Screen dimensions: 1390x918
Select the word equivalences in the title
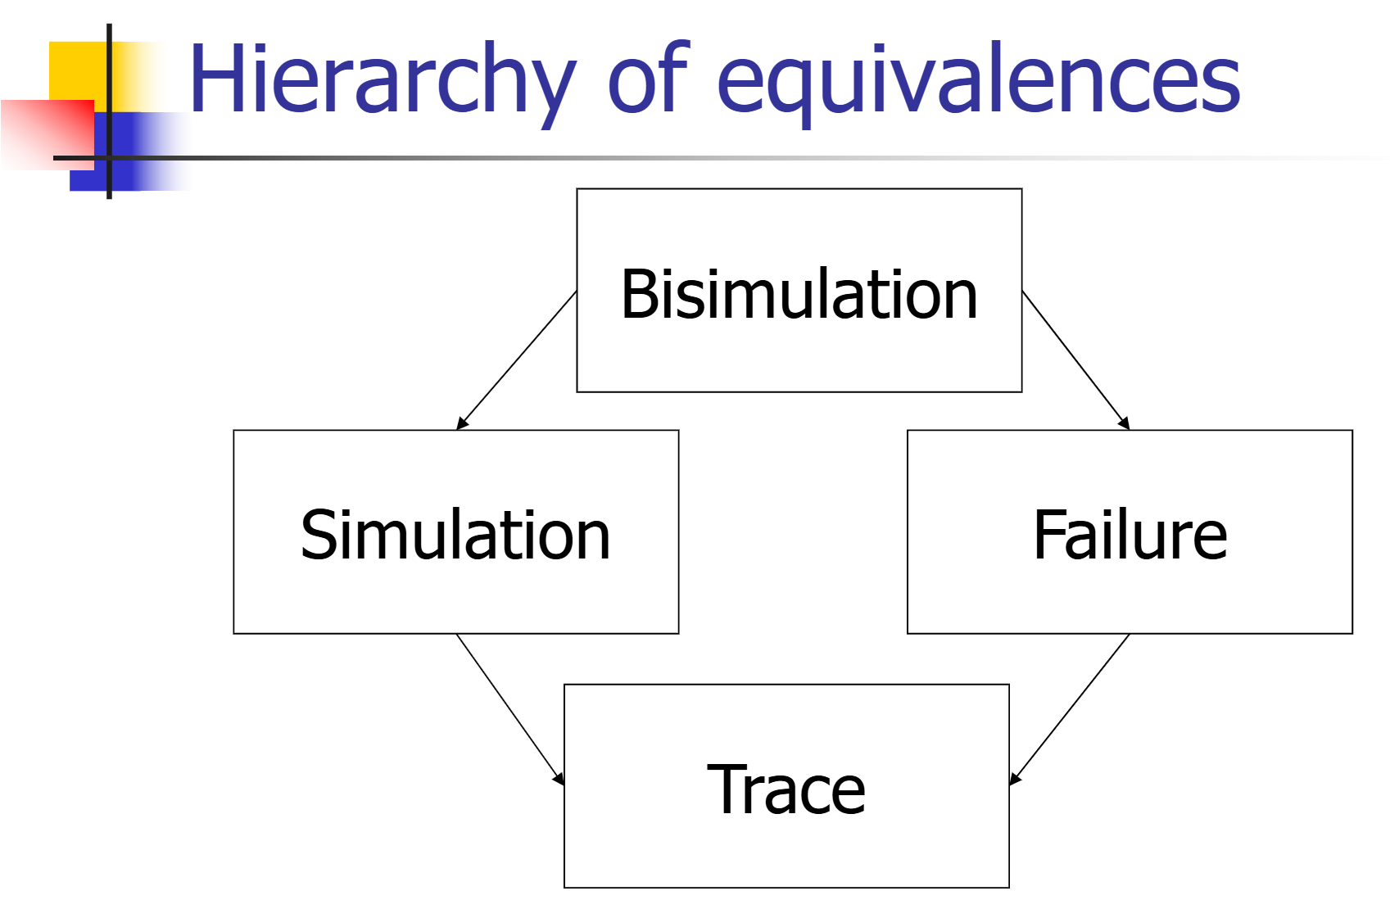[x=979, y=84]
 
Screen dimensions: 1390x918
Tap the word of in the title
[x=649, y=78]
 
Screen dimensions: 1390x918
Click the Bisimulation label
[x=799, y=294]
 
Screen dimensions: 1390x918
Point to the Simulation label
[x=455, y=535]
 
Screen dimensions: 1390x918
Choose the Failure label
[x=1130, y=535]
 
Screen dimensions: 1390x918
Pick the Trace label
[x=786, y=789]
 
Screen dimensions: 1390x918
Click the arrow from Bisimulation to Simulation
[x=517, y=360]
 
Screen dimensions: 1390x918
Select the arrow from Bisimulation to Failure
[x=1075, y=360]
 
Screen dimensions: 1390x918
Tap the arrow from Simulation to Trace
[x=510, y=710]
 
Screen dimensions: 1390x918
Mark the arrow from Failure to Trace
[x=1069, y=710]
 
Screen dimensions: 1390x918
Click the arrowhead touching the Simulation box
[x=462, y=423]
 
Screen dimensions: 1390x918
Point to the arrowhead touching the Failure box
[x=1125, y=423]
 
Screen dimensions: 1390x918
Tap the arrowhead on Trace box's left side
[x=559, y=779]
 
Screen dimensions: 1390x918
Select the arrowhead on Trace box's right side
[x=1015, y=779]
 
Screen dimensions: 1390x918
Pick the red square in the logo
[x=48, y=134]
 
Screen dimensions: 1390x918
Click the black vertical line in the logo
[x=109, y=111]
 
